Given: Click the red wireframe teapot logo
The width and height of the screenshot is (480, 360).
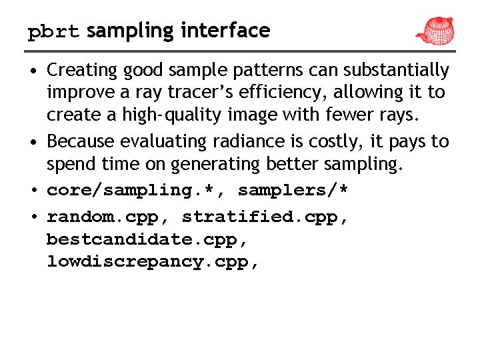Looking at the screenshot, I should point(434,29).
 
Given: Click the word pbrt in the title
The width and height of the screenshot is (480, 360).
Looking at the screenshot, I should point(53,31).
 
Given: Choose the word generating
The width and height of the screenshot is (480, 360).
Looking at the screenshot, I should point(212,164).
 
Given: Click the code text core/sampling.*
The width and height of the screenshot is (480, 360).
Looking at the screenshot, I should point(137,191).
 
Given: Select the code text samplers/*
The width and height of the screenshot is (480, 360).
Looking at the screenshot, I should point(293,191).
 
